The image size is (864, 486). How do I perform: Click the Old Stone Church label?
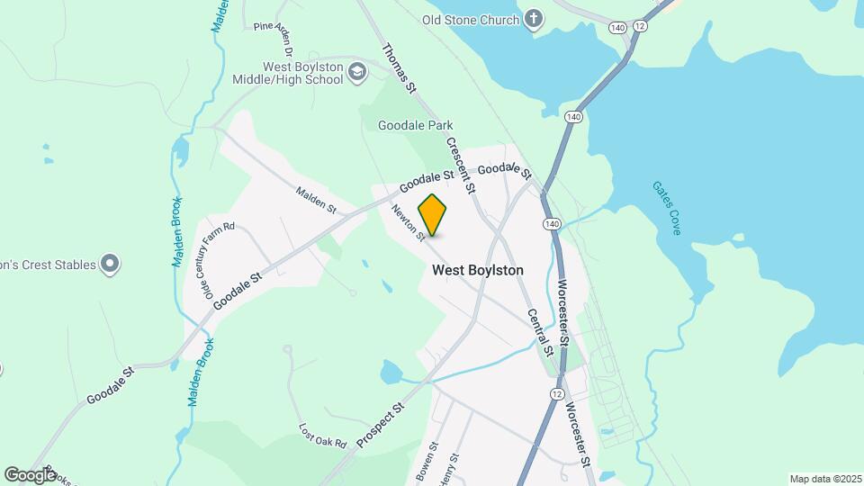[471, 20]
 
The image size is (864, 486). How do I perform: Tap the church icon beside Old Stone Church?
[535, 19]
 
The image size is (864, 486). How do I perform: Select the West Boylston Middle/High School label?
[302, 73]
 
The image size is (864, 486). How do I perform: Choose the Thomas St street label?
[400, 69]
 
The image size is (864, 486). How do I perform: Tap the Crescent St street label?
[460, 166]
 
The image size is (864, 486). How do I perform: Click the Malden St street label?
[316, 201]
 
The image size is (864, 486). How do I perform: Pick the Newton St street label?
[408, 223]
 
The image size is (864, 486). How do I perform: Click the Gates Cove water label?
[666, 208]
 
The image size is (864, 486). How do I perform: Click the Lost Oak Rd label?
[323, 436]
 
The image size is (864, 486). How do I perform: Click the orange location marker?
[433, 214]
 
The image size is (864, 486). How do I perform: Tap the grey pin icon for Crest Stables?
[110, 265]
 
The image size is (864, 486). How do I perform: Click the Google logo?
[30, 474]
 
